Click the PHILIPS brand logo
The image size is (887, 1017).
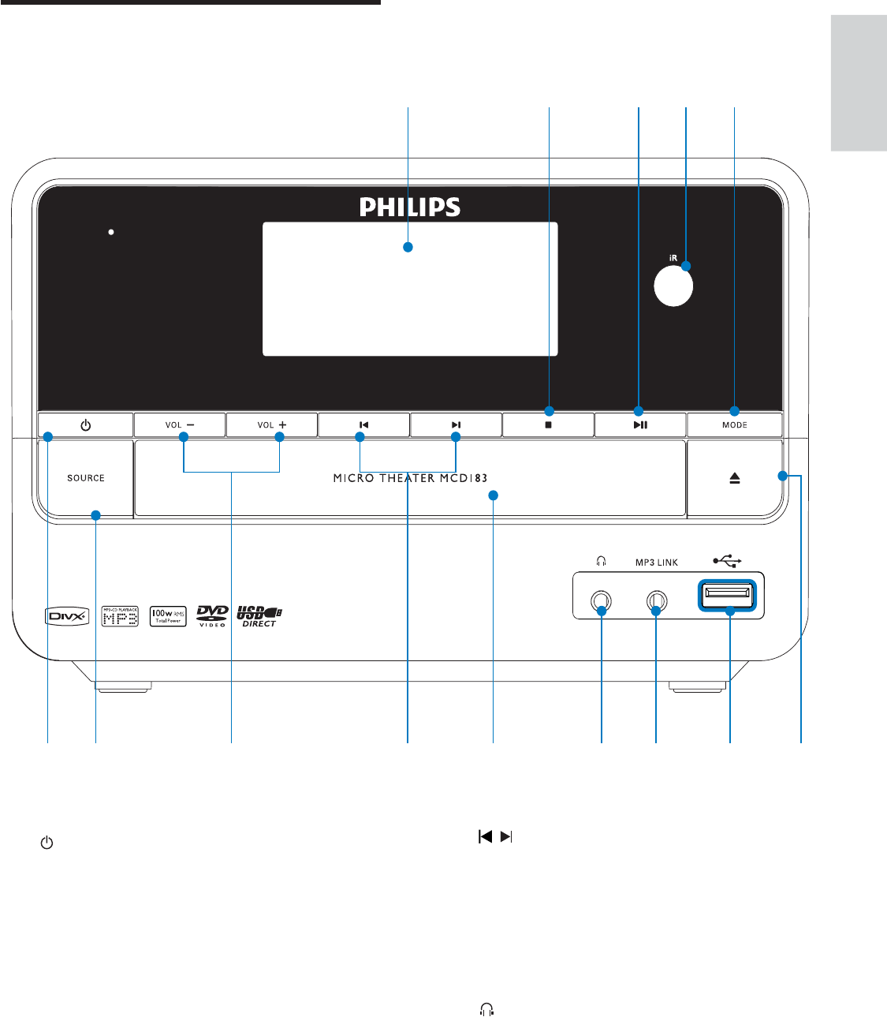coord(410,207)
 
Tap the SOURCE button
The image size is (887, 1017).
coord(85,478)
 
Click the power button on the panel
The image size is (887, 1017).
coord(85,425)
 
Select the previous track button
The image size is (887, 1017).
coord(363,425)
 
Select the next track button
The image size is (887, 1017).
coord(456,425)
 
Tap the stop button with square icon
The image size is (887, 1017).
coord(548,425)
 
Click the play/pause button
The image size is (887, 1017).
coord(640,425)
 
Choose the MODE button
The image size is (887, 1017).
coord(734,425)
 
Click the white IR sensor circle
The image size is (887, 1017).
coord(673,286)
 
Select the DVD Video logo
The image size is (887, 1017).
coord(212,615)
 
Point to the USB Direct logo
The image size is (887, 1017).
coord(259,616)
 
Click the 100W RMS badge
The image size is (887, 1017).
coord(168,616)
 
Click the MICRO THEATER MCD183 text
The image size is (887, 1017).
coord(410,478)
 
